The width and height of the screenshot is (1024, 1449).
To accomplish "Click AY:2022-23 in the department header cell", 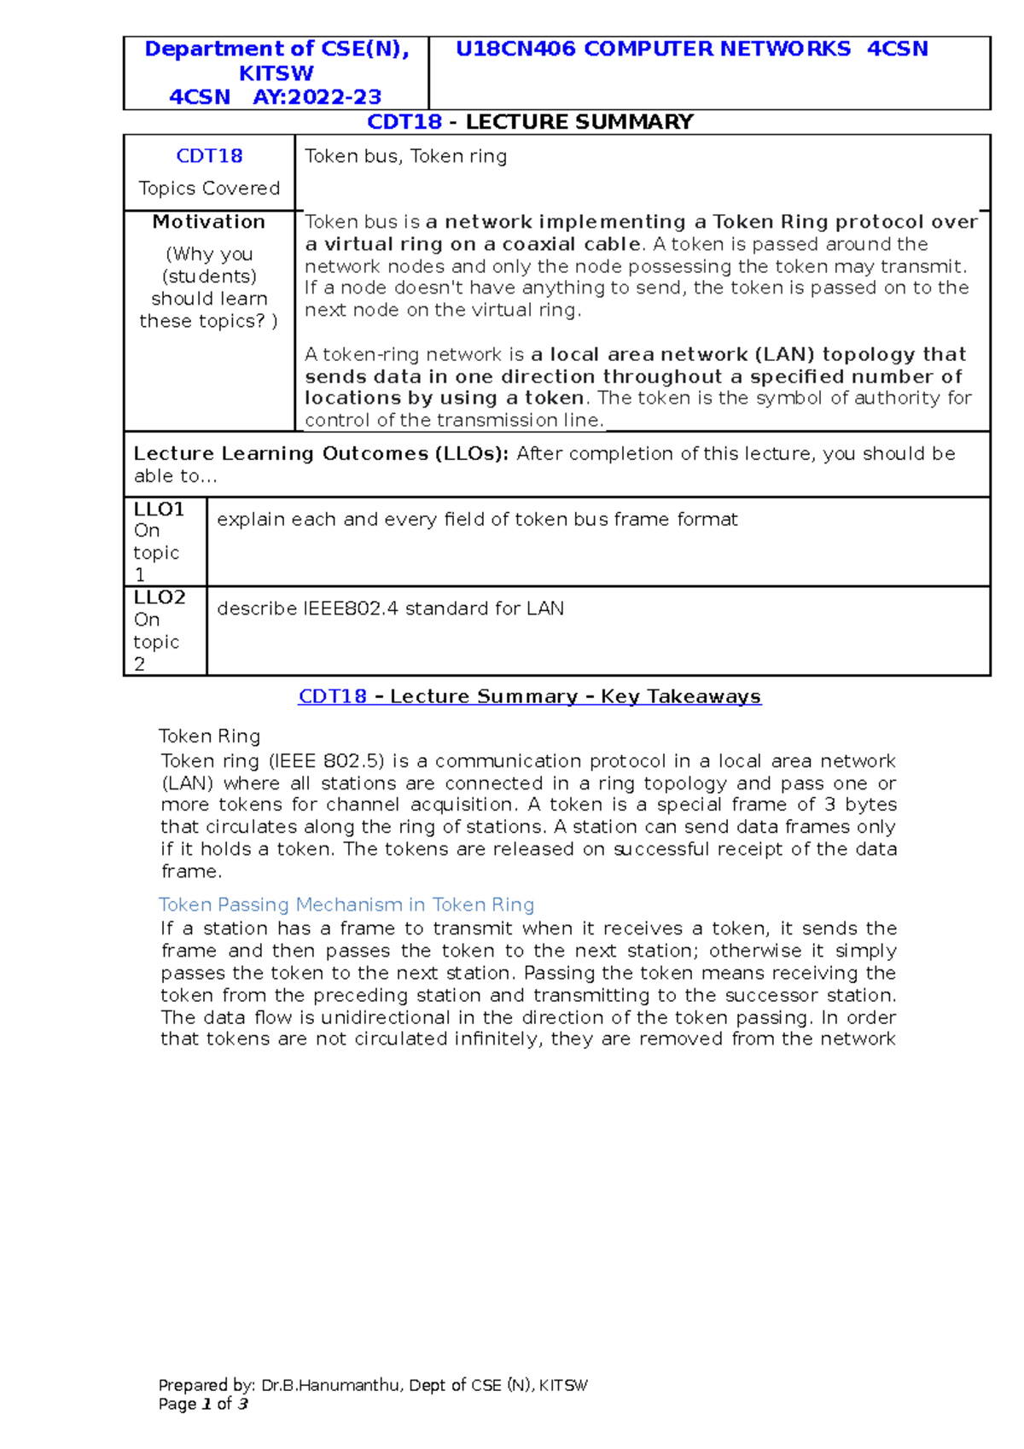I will (x=317, y=96).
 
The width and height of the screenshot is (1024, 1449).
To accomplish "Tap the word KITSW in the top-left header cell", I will (x=276, y=73).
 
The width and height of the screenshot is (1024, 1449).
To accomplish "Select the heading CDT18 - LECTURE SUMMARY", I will (x=529, y=122).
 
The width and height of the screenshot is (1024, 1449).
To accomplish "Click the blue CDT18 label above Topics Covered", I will (x=209, y=156).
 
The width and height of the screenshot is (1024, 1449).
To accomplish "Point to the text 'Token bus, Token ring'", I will (x=405, y=156).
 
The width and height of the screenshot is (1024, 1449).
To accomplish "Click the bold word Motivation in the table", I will (x=209, y=222).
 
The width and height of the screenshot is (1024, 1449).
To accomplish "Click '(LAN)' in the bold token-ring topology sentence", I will (x=785, y=354).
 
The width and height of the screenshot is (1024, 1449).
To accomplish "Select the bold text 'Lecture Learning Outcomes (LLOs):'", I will (x=321, y=454).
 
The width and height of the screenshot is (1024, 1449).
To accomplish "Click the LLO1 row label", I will (x=159, y=509).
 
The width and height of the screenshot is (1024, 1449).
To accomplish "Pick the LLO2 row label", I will (x=160, y=597).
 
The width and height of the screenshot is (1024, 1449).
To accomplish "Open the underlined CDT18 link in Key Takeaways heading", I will (x=332, y=696).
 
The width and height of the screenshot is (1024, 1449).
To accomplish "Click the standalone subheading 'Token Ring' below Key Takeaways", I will (x=209, y=736).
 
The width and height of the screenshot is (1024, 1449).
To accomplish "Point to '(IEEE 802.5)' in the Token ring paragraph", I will (x=327, y=761).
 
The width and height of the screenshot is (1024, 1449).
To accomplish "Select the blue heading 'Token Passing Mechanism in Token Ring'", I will (x=346, y=905).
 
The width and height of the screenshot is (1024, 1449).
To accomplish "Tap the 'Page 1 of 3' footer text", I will (x=203, y=1404).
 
